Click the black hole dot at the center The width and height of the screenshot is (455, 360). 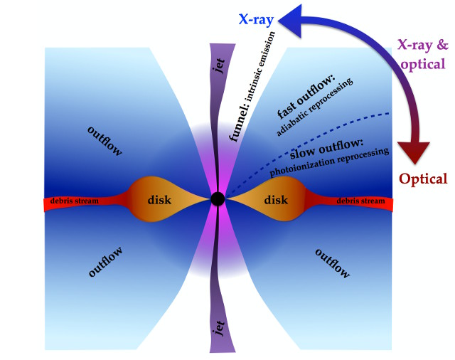[218, 199]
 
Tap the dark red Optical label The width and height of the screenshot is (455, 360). [422, 179]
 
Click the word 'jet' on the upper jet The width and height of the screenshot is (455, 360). [218, 68]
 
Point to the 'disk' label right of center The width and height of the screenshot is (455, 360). [275, 200]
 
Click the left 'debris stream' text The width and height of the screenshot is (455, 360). [75, 201]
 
